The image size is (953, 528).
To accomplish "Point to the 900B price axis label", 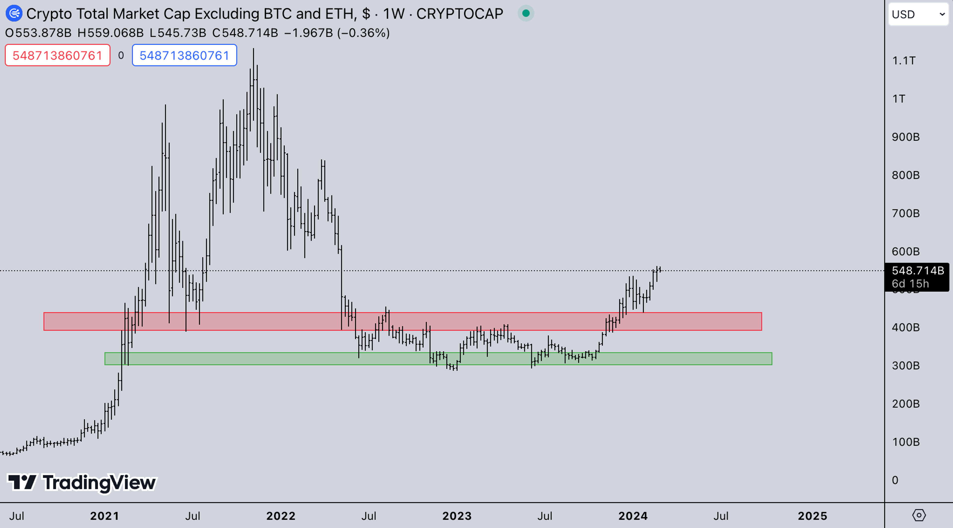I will [905, 137].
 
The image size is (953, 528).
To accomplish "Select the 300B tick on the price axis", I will [905, 366].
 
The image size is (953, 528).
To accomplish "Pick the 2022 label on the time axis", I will [281, 516].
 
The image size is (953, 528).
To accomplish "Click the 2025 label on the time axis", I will [812, 516].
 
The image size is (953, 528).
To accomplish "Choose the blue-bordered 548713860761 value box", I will [184, 56].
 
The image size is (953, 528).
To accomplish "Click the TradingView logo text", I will [99, 483].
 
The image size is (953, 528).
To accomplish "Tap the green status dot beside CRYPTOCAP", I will [526, 14].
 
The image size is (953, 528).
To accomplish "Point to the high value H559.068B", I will [110, 33].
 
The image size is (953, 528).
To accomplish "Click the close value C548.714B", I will [245, 33].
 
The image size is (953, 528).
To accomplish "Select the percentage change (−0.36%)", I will [363, 33].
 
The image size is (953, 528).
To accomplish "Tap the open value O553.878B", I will [38, 33].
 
